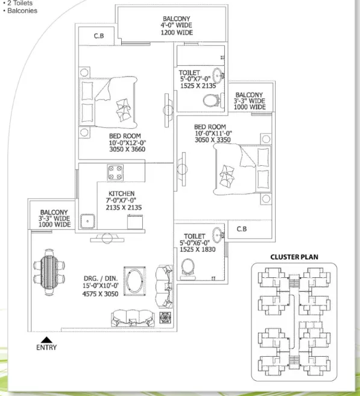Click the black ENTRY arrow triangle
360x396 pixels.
[x=46, y=340]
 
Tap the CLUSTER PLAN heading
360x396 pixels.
[x=294, y=257]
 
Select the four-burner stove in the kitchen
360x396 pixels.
[x=115, y=173]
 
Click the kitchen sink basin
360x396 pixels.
[x=87, y=221]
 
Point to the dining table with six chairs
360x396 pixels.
[x=49, y=272]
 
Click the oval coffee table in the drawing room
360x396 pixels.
[x=134, y=281]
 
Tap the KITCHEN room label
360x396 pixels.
[x=122, y=193]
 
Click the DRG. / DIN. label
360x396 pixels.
[x=101, y=278]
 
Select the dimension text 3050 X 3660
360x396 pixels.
[x=127, y=149]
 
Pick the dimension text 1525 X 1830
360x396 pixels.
[x=198, y=250]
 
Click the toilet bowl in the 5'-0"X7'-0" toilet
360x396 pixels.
[x=211, y=101]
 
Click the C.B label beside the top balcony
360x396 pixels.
[x=99, y=36]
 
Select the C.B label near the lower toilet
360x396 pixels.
[x=242, y=229]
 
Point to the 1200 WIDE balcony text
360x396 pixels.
[x=177, y=33]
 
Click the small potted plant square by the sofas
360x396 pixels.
[x=165, y=318]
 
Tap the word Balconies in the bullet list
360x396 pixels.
[x=22, y=11]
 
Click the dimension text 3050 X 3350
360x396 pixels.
[x=213, y=140]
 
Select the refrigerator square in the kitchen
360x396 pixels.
[x=135, y=222]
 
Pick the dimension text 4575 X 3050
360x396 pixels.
[x=100, y=294]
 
